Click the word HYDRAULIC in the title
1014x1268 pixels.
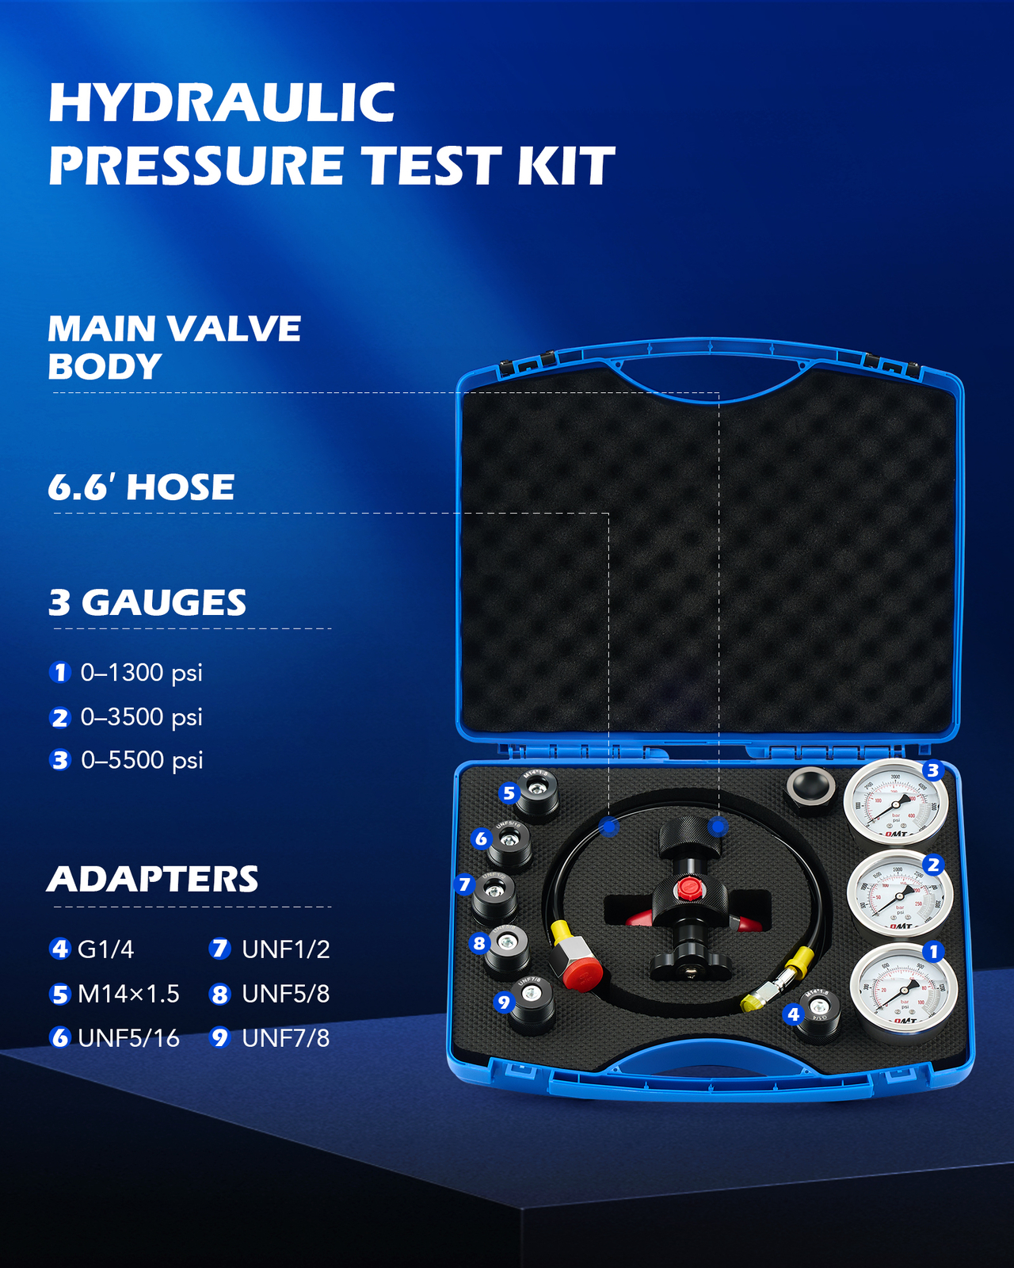[222, 103]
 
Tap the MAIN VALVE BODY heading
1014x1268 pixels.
[173, 347]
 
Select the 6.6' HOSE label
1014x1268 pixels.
[141, 487]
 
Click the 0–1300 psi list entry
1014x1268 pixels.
[141, 673]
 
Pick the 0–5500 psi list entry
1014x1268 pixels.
[142, 760]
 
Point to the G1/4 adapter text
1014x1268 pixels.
[105, 949]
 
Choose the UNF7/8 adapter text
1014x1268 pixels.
[285, 1038]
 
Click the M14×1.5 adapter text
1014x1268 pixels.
[128, 994]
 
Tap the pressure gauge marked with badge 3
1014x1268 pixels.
[895, 802]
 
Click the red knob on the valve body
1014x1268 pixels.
[688, 888]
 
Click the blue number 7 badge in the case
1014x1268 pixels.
[465, 884]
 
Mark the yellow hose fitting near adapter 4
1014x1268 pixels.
[796, 962]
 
